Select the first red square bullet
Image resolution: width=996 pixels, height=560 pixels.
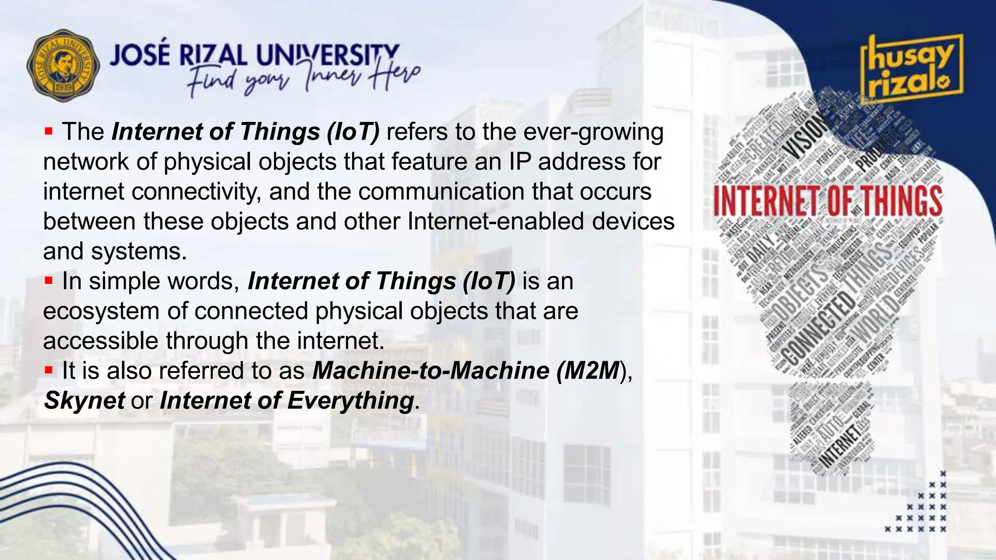[48, 131]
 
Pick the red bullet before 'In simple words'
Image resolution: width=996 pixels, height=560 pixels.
[48, 280]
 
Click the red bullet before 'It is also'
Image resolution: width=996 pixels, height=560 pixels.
[48, 370]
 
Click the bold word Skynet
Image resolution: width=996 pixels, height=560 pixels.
[84, 401]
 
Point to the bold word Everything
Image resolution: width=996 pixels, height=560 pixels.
[350, 401]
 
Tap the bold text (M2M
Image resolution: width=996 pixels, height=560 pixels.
[588, 370]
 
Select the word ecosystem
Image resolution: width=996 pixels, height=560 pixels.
[101, 311]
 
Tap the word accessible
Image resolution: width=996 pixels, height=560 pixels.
[101, 341]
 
